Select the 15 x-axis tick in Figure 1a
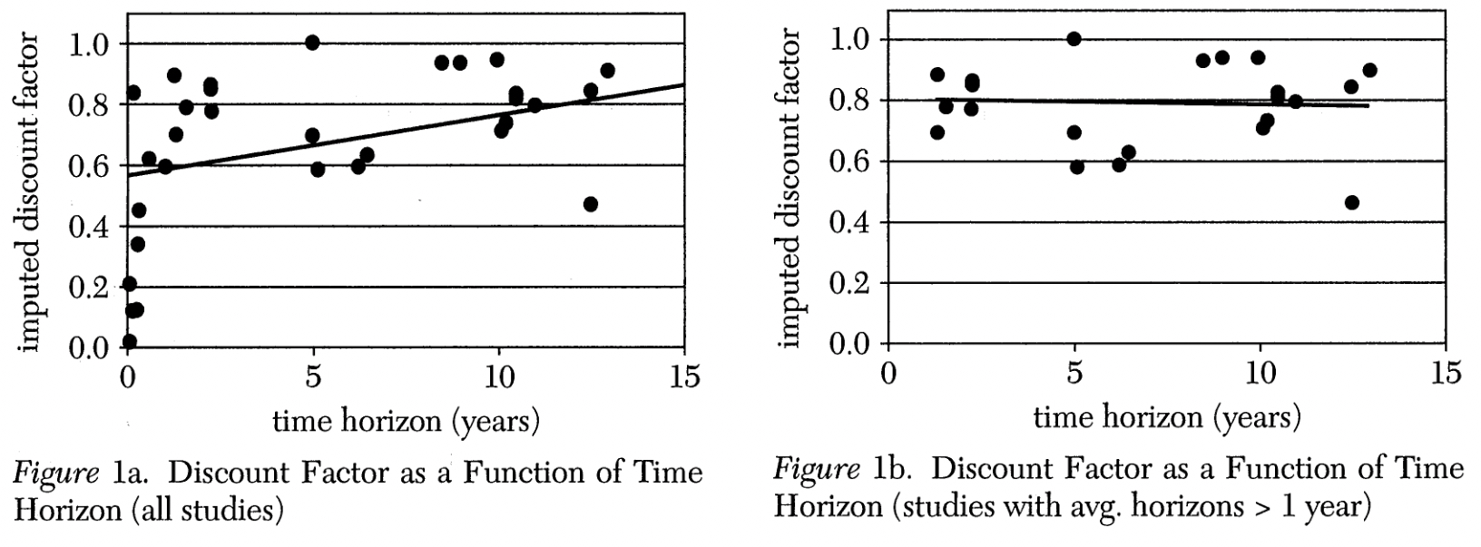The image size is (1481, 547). tap(685, 376)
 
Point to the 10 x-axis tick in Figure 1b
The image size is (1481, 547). tap(1260, 373)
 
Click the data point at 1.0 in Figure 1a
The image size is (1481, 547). tap(312, 43)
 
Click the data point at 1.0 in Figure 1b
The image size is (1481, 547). tap(1074, 39)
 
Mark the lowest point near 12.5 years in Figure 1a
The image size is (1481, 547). tap(591, 204)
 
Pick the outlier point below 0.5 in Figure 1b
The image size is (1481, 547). tap(1352, 202)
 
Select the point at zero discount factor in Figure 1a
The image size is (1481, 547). tap(129, 342)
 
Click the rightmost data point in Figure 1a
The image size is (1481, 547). tap(607, 71)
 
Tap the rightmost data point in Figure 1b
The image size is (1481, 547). tap(1369, 70)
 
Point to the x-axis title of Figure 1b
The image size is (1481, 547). tap(1167, 417)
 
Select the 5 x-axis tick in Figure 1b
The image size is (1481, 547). tap(1074, 373)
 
